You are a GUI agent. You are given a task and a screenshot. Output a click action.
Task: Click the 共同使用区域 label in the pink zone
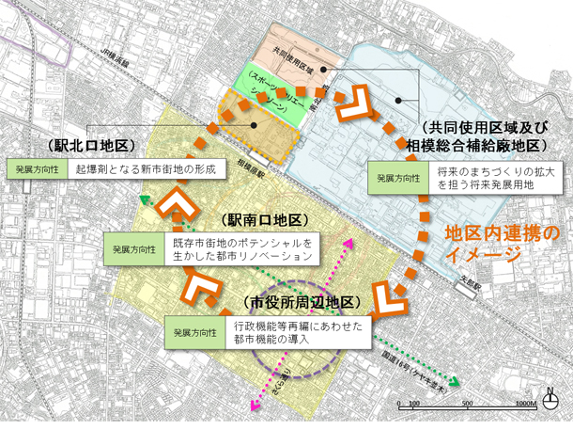coord(293,56)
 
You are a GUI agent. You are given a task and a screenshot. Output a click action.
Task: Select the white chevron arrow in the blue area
coord(362,106)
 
